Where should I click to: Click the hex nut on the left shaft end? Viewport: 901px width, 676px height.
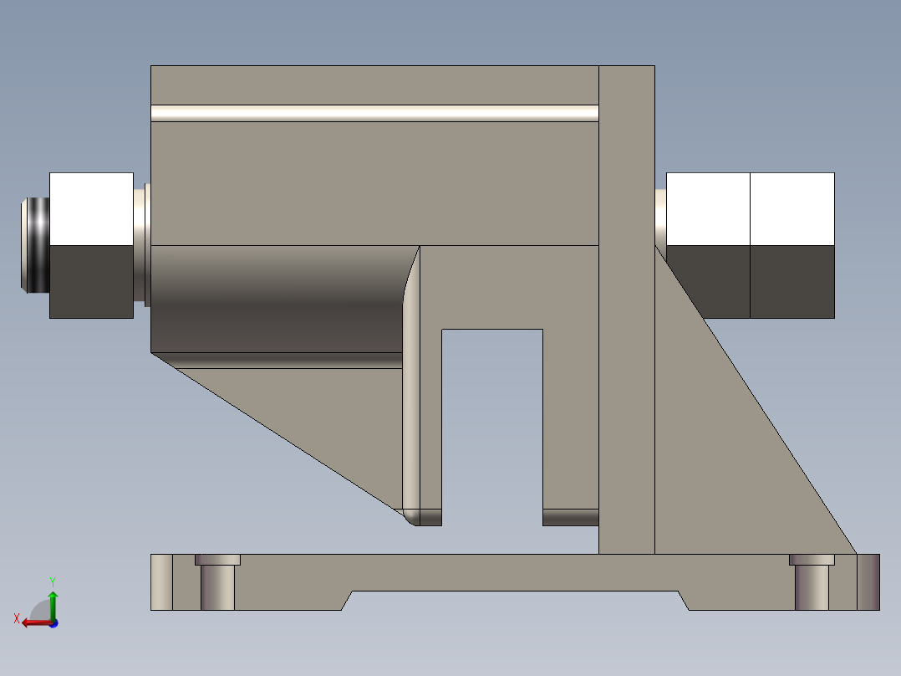[x=91, y=245]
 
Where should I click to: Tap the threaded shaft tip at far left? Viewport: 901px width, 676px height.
[x=34, y=244]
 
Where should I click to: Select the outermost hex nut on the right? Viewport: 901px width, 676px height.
[x=792, y=245]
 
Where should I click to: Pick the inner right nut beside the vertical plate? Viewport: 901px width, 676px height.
[x=708, y=245]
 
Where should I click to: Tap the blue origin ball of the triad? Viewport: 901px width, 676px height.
[x=53, y=622]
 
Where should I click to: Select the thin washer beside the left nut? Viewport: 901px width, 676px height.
[x=141, y=244]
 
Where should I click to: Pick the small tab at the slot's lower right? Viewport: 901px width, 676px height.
[x=571, y=517]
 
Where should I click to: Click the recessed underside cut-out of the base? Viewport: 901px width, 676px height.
[x=514, y=601]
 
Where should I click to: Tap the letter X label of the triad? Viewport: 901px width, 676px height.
[x=16, y=618]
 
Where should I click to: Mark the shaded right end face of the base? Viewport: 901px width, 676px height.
[x=868, y=581]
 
